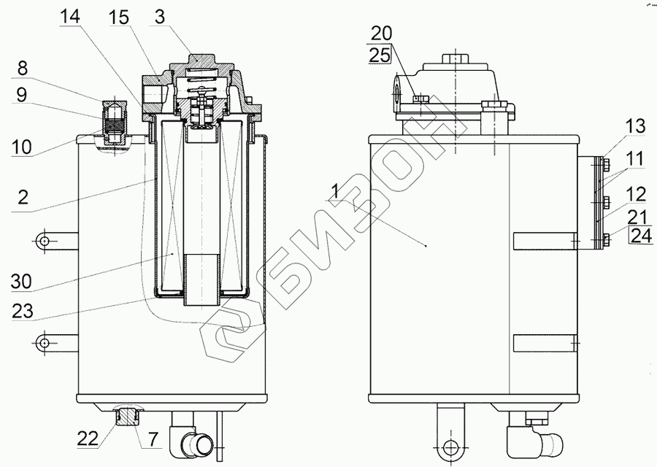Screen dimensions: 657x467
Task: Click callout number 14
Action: point(69,18)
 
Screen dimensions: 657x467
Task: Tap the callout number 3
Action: point(159,18)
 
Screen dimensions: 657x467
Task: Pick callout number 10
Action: point(21,147)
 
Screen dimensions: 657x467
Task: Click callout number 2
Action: point(23,196)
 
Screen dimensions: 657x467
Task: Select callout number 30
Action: point(21,282)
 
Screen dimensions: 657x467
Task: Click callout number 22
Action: point(88,439)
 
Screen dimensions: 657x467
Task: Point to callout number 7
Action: point(153,439)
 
